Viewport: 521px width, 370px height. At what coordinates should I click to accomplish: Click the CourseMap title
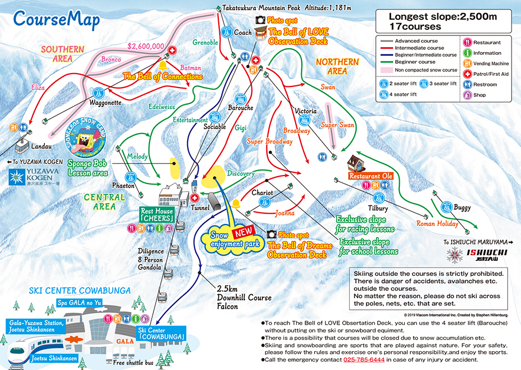pyautogui.click(x=56, y=20)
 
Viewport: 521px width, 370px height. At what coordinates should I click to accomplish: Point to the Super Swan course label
pyautogui.click(x=337, y=125)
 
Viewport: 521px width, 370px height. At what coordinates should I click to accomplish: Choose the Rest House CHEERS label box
pyautogui.click(x=157, y=215)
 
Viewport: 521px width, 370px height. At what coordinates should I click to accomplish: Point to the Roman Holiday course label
pyautogui.click(x=437, y=224)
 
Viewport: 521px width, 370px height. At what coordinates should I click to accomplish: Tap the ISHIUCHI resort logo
pyautogui.click(x=469, y=254)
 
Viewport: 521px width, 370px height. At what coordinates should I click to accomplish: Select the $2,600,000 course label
pyautogui.click(x=145, y=46)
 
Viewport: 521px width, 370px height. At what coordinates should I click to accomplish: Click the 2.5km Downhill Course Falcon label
pyautogui.click(x=244, y=298)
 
